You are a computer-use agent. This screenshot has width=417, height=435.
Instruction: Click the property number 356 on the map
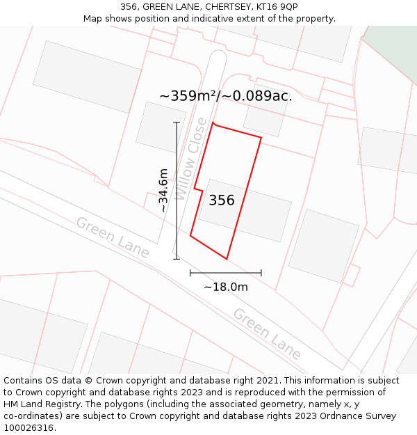pos(222,200)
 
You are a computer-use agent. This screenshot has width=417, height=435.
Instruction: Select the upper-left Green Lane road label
pos(112,237)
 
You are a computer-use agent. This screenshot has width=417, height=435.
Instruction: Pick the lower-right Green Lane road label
pos(267,333)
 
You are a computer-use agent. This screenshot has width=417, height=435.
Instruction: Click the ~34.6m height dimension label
pos(163,190)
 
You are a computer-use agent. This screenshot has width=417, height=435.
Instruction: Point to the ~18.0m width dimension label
pos(225,287)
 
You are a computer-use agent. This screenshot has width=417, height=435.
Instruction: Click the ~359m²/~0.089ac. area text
pos(226,96)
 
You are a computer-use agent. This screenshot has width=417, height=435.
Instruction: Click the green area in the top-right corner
pos(393,42)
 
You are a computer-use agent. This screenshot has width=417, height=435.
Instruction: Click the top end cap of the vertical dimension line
pos(177,122)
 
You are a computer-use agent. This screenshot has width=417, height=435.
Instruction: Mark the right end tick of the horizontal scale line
pos(261,273)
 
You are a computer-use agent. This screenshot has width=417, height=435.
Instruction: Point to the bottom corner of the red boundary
pos(227,259)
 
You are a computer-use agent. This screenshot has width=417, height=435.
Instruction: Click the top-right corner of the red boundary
pos(261,138)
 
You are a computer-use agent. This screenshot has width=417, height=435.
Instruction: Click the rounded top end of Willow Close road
pos(218,55)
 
